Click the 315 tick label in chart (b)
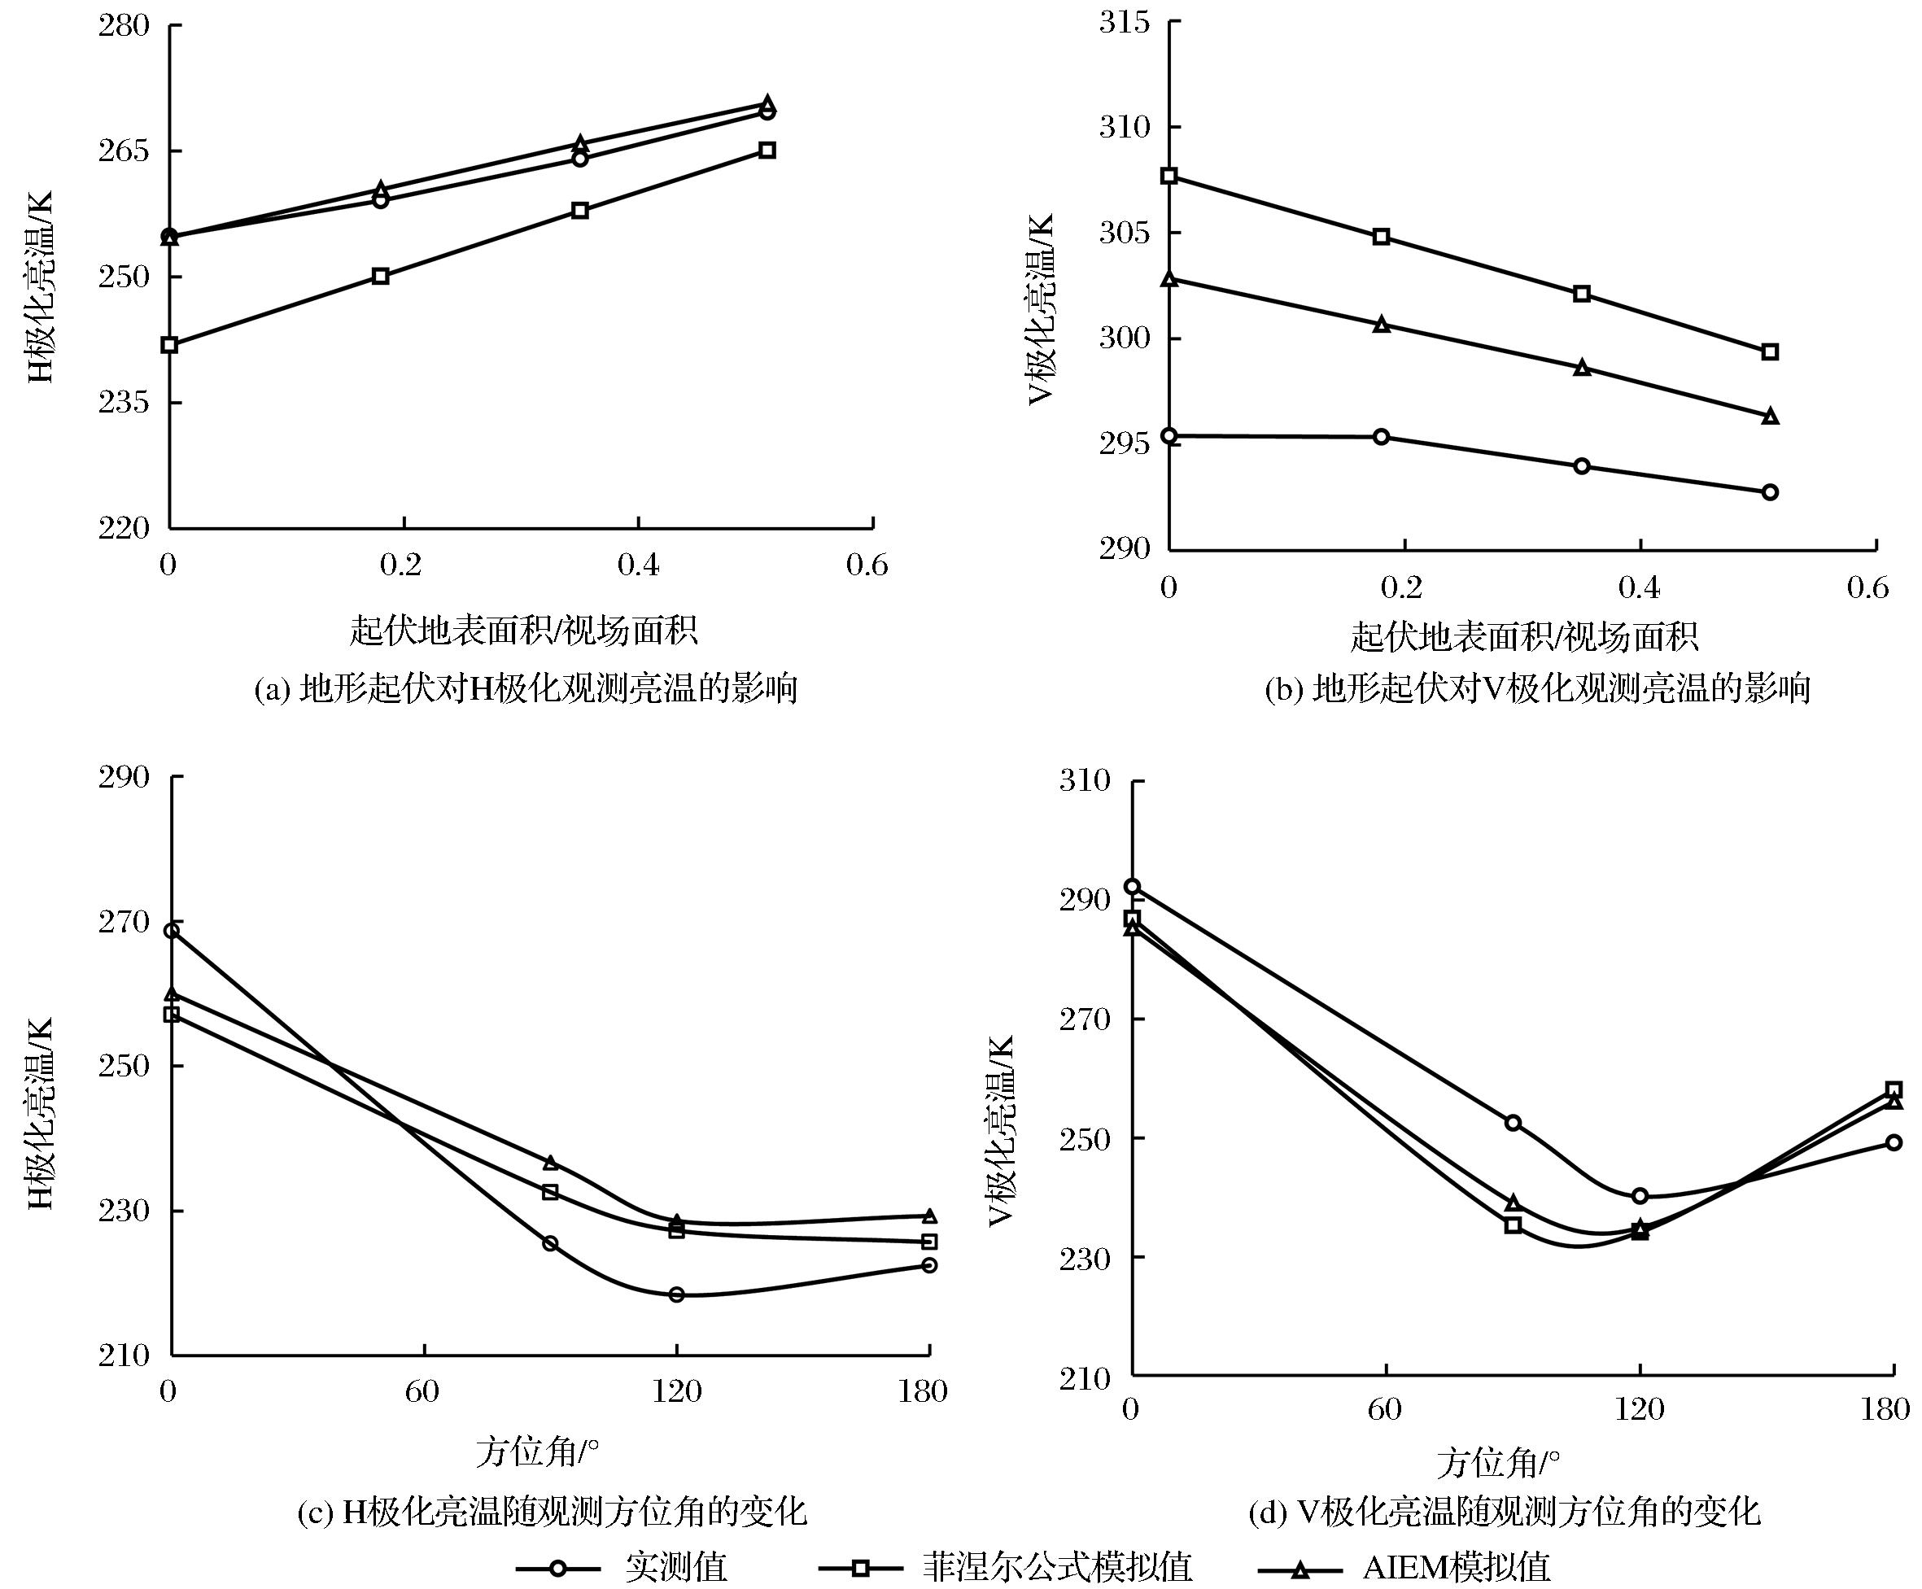[x=1125, y=21]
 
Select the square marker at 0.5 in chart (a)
[x=767, y=150]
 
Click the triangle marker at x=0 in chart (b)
[x=1168, y=279]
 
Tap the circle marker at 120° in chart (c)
[x=676, y=1294]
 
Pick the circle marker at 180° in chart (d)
[x=1894, y=1142]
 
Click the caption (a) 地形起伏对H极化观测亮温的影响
[x=526, y=688]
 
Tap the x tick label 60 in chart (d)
[x=1385, y=1408]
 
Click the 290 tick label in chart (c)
[x=124, y=777]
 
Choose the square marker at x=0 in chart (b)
[x=1168, y=176]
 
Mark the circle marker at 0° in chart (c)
[x=171, y=931]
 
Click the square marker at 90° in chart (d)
[x=1513, y=1224]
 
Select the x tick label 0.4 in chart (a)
[x=638, y=565]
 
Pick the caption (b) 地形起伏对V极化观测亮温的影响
[x=1538, y=688]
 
